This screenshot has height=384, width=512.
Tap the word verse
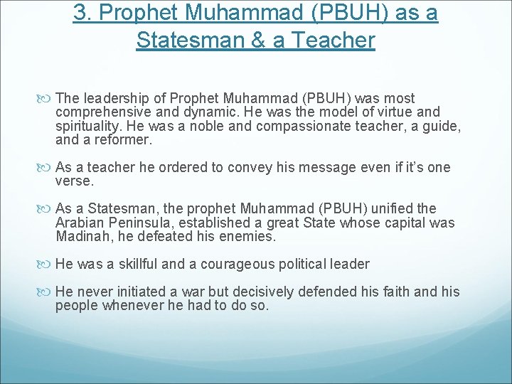pos(74,181)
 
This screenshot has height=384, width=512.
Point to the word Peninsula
pos(139,223)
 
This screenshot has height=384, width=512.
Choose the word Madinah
pos(80,236)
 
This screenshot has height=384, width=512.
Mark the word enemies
pos(255,236)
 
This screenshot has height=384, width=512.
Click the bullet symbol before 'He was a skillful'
pos(47,265)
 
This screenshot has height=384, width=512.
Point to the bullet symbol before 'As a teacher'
pos(47,168)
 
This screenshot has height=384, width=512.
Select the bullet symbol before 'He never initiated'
pos(47,292)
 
